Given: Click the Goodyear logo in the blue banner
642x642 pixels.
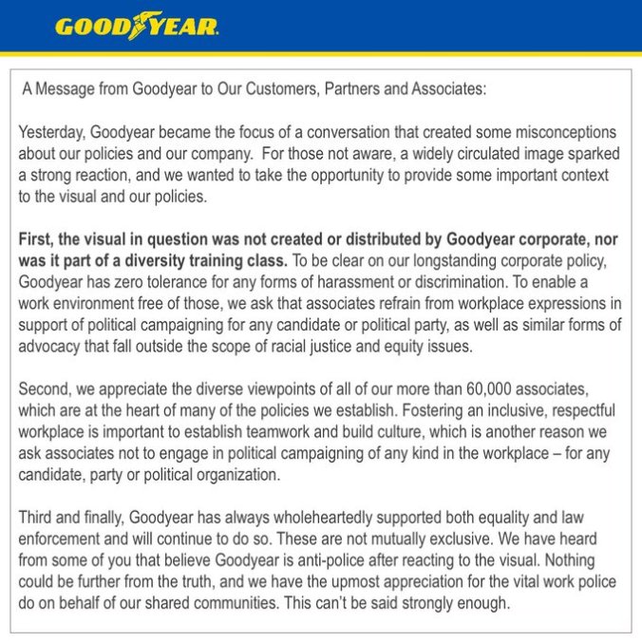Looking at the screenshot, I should (137, 26).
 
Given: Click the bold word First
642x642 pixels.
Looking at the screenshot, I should (38, 238).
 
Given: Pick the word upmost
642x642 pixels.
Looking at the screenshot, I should (343, 582).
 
